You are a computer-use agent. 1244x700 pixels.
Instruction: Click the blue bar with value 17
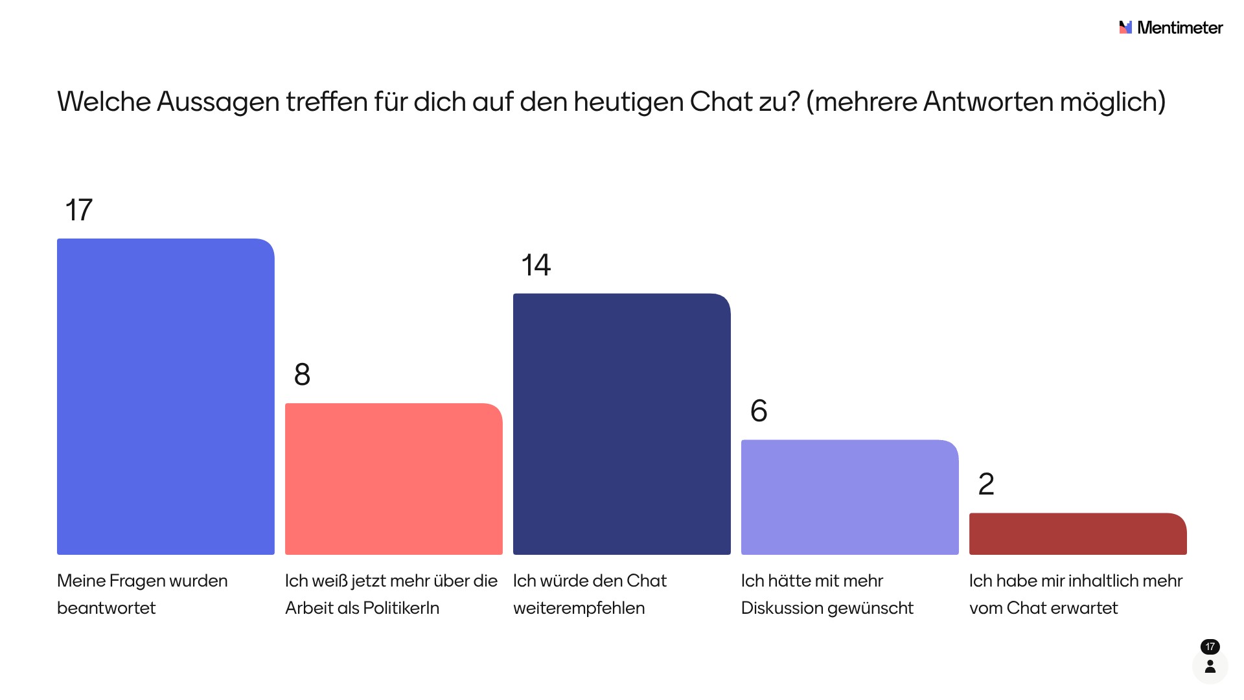(x=166, y=397)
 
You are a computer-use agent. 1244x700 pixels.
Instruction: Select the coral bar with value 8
(x=394, y=479)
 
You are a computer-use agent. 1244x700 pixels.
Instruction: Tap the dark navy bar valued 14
(x=622, y=424)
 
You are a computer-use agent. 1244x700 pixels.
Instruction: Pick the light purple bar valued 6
(x=850, y=497)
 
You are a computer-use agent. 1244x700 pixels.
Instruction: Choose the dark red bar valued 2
(x=1078, y=534)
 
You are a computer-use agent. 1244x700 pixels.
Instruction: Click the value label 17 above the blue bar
(x=79, y=210)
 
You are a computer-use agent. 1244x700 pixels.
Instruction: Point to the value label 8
(x=302, y=375)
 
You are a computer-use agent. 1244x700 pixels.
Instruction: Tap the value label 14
(x=536, y=265)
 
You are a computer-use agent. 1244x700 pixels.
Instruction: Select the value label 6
(x=759, y=411)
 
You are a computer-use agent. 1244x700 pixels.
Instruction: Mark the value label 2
(x=986, y=484)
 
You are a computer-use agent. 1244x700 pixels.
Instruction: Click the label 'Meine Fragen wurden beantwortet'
(x=142, y=594)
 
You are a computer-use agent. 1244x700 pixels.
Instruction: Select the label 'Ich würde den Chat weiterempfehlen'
(x=590, y=594)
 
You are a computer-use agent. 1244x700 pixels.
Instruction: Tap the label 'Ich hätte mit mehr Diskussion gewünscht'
(x=827, y=594)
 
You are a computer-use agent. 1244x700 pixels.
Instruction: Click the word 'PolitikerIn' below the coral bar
(x=401, y=608)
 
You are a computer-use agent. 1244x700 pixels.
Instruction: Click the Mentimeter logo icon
(x=1125, y=27)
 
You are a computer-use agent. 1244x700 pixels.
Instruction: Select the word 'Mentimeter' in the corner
(x=1180, y=28)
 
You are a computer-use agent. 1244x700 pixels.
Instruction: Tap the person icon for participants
(x=1210, y=666)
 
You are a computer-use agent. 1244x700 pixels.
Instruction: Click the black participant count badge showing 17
(x=1210, y=647)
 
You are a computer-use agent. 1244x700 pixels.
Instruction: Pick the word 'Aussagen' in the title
(x=218, y=102)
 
